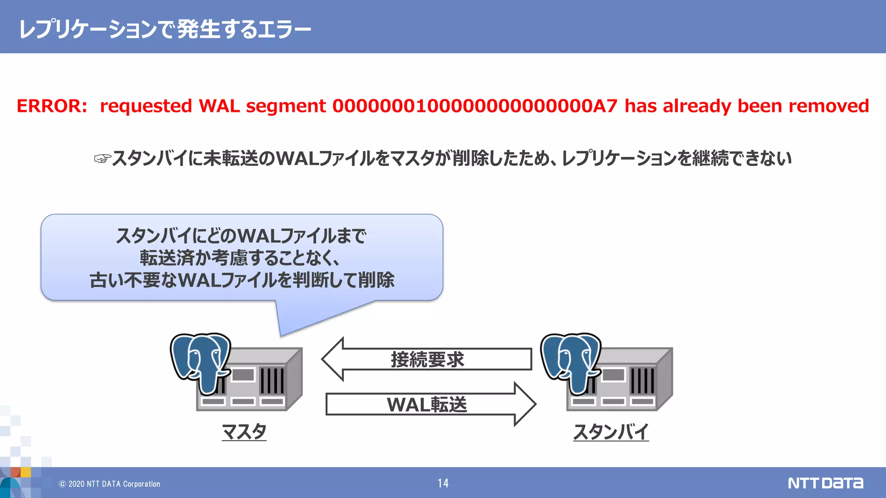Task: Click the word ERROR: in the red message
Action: (x=52, y=106)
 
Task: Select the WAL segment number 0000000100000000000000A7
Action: (x=475, y=106)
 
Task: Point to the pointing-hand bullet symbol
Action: (x=103, y=159)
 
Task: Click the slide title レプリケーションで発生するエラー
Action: (x=165, y=29)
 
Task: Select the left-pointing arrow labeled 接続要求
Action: (x=426, y=359)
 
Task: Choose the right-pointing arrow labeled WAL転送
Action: (x=430, y=404)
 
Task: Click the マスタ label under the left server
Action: (x=244, y=431)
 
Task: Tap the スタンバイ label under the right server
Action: (x=611, y=431)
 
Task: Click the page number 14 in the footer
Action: (x=443, y=483)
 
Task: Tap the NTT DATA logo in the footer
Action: (x=825, y=483)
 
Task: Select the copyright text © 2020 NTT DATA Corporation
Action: (x=109, y=484)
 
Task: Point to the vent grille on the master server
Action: (x=272, y=380)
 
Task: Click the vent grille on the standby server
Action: (x=642, y=380)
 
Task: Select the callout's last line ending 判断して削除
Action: (x=242, y=280)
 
